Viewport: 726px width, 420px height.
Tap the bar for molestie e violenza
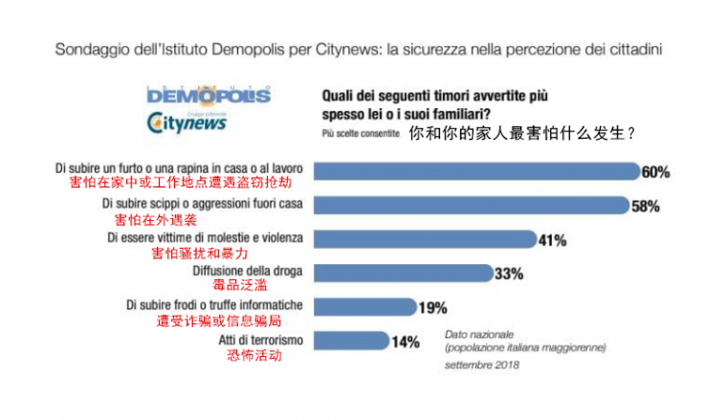click(x=422, y=239)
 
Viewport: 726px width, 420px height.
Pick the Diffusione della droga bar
click(x=402, y=274)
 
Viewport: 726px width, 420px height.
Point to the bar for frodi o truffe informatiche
click(x=364, y=307)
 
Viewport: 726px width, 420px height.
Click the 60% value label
click(x=655, y=173)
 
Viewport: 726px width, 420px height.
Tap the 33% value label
click(x=508, y=275)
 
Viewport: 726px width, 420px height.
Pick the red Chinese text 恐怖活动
click(x=254, y=355)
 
